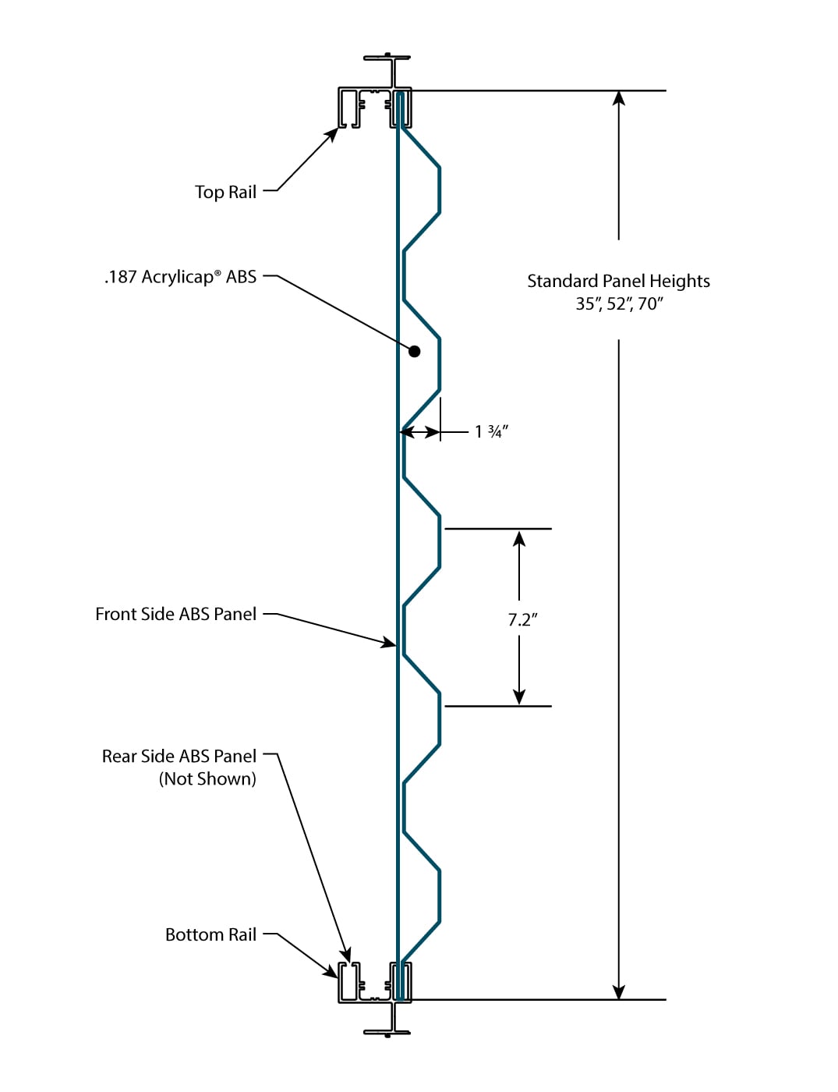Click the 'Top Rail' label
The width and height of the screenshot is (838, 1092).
coord(225,192)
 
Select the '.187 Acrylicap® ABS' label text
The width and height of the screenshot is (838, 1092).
coord(180,276)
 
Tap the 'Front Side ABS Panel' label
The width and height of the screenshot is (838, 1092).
coord(175,614)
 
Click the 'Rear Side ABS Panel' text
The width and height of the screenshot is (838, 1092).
coord(179,756)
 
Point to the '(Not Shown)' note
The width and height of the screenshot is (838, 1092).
coord(207,779)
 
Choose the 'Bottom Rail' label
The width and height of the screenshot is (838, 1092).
coord(211,934)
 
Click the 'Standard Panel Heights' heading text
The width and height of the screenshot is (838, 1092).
coord(619,282)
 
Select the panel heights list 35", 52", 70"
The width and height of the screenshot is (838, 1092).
coord(620,304)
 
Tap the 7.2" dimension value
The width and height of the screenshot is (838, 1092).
coord(523,620)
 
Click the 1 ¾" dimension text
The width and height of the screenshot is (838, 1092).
coord(492,431)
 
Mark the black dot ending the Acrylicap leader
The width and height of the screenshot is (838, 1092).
coord(414,351)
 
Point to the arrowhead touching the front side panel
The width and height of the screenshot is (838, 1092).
coord(388,642)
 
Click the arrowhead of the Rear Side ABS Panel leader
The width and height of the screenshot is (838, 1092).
coord(346,955)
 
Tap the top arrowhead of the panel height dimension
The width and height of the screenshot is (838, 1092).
coord(619,98)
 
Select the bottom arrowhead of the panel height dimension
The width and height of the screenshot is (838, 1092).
coord(619,992)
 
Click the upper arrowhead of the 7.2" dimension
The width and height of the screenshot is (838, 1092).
coord(519,538)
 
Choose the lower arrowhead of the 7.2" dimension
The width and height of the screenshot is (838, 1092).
coord(519,697)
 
